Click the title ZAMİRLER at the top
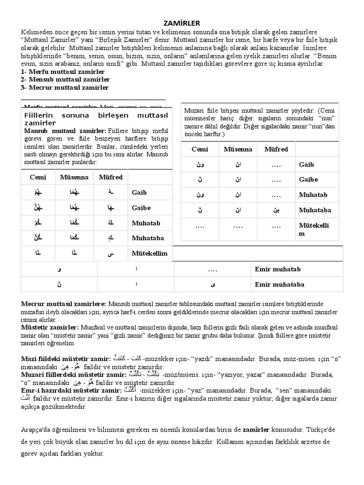[x=182, y=23]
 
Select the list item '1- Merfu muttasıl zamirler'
[x=63, y=72]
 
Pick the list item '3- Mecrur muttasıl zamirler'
[x=64, y=88]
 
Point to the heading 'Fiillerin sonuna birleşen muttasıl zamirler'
[x=96, y=119]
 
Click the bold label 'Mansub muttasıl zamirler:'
[x=65, y=130]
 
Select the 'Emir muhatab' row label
[x=277, y=269]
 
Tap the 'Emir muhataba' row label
[x=279, y=285]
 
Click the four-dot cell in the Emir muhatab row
[x=212, y=269]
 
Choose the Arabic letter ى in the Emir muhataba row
[x=212, y=285]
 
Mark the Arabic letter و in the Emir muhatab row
[x=59, y=269]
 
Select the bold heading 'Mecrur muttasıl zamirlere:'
[x=64, y=304]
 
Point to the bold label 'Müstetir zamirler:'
[x=50, y=327]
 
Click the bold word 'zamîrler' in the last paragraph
[x=256, y=430]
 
